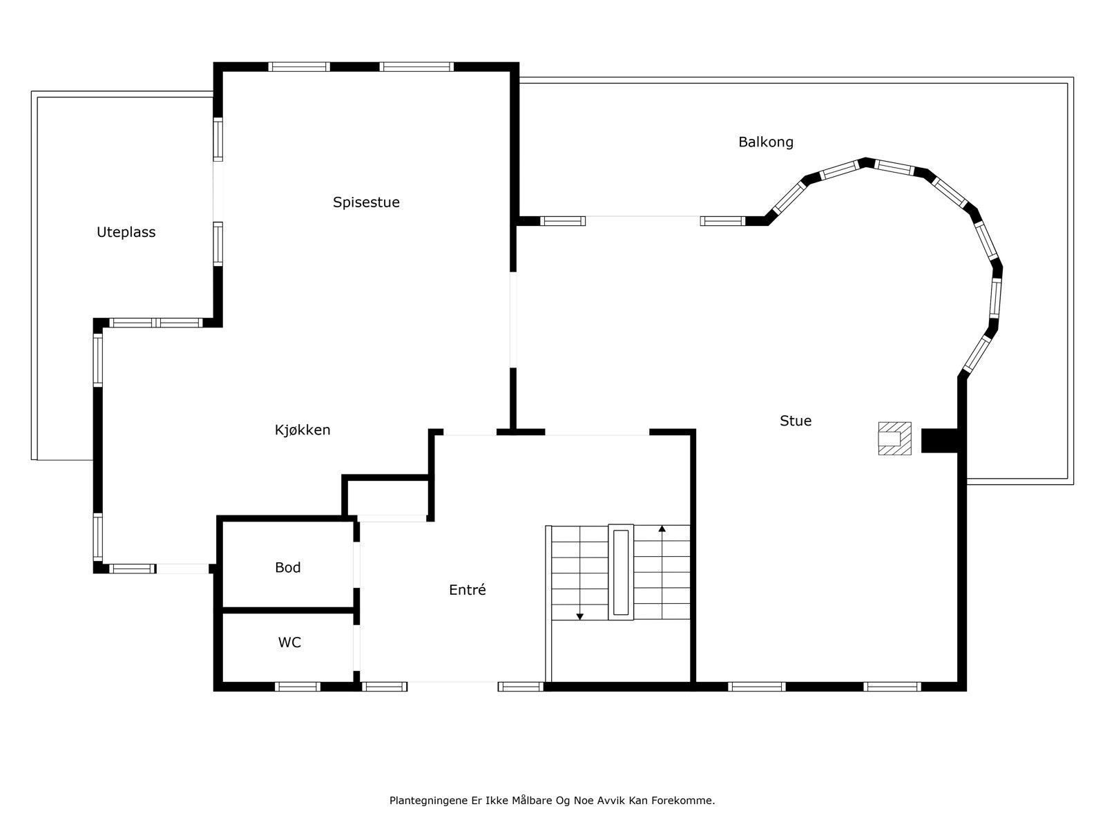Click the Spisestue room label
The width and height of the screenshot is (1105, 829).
click(x=366, y=202)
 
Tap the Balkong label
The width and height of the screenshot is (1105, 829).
click(x=766, y=142)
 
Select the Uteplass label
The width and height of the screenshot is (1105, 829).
click(x=126, y=232)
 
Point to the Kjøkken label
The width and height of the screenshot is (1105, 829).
click(x=302, y=430)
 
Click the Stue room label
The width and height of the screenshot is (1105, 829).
click(x=796, y=421)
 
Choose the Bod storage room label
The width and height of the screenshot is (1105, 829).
click(x=288, y=567)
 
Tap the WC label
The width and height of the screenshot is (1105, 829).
click(x=289, y=642)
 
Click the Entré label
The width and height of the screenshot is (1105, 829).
click(x=467, y=589)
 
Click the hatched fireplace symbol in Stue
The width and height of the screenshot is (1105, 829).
click(x=894, y=439)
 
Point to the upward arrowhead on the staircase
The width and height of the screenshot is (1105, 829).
click(x=662, y=529)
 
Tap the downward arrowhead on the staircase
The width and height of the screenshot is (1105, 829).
click(x=580, y=617)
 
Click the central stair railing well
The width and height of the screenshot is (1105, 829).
click(x=621, y=572)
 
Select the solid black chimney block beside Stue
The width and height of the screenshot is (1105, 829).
click(x=939, y=441)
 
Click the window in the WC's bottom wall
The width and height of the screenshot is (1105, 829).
click(x=298, y=687)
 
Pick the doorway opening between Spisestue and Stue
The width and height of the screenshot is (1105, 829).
click(x=513, y=320)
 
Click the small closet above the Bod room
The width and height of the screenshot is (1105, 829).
click(x=387, y=497)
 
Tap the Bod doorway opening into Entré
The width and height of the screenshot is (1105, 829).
click(x=356, y=564)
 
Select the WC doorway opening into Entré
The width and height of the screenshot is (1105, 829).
click(x=356, y=647)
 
